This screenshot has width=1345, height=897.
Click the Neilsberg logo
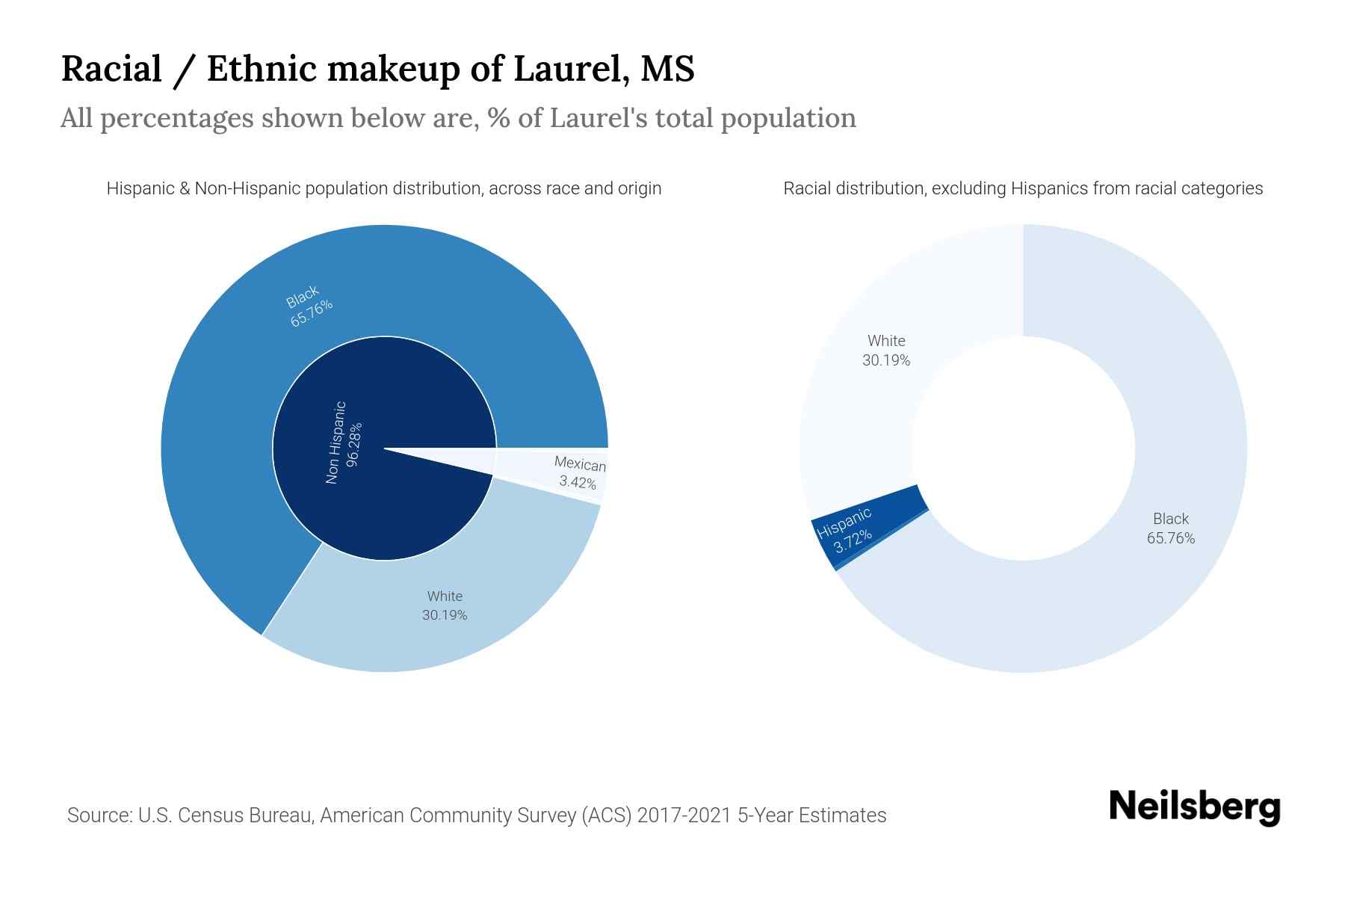point(1194,807)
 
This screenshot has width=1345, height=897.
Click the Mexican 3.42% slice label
point(579,473)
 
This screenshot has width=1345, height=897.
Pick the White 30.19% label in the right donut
point(886,351)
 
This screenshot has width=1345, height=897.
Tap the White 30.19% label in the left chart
point(445,605)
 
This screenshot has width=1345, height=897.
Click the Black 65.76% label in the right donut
point(1171,528)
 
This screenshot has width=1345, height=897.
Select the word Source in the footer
point(98,815)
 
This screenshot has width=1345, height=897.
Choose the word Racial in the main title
point(111,69)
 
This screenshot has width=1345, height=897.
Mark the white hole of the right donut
point(1023,449)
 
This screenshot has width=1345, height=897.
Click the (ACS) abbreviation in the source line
point(607,815)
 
